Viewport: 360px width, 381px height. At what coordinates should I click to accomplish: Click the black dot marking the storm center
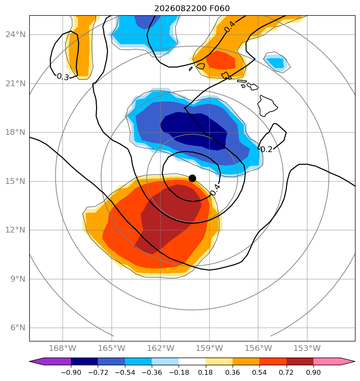[192, 179]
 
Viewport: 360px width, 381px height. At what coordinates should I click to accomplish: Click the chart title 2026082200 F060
[192, 9]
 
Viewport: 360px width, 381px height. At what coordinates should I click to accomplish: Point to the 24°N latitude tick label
[15, 35]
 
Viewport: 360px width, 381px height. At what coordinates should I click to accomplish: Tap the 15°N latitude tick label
[15, 181]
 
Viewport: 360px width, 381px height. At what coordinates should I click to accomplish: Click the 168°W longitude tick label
[62, 348]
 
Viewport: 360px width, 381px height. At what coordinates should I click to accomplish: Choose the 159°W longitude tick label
[209, 348]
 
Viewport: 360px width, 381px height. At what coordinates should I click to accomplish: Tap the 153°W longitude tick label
[307, 348]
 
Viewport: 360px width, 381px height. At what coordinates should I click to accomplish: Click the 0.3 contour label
[63, 77]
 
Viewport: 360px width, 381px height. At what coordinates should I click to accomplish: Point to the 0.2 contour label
[266, 149]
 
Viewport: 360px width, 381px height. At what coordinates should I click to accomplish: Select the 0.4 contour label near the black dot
[215, 190]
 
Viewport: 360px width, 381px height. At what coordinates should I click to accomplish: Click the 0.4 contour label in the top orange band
[230, 27]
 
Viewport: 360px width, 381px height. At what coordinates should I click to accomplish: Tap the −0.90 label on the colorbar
[71, 372]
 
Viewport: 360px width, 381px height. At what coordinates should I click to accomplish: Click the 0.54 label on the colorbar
[259, 372]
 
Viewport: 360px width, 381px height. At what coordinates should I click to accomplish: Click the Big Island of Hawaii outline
[267, 106]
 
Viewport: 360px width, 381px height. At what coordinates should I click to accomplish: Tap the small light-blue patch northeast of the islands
[277, 62]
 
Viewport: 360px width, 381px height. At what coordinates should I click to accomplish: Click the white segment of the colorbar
[192, 361]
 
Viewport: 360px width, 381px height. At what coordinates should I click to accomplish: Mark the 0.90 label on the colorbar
[313, 372]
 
